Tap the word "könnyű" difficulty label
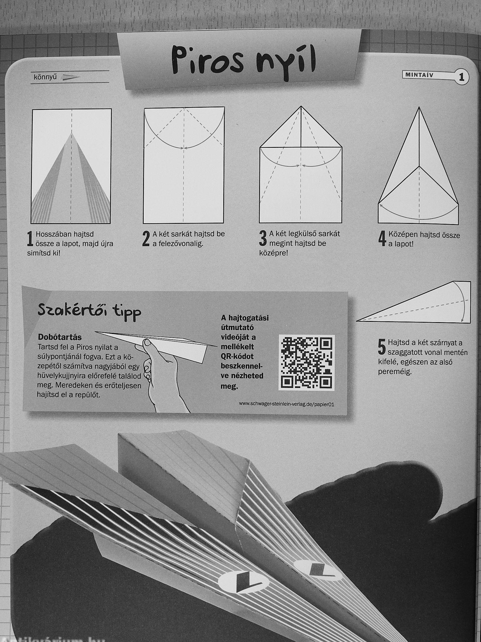45,77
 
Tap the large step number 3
263,239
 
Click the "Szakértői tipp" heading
89,312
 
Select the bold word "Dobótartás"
60,338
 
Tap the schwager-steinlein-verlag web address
287,404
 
